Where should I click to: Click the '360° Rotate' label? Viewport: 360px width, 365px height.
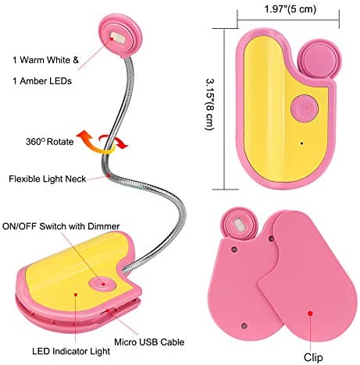(x=50, y=142)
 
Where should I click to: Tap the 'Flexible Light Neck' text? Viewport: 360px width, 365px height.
(x=47, y=179)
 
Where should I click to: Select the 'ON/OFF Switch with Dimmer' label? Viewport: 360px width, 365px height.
(x=61, y=226)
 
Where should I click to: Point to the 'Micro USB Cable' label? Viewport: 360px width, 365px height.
(x=149, y=342)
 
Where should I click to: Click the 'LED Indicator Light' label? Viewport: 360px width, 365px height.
(x=71, y=351)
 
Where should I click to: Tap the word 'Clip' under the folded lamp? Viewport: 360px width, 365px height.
(x=313, y=357)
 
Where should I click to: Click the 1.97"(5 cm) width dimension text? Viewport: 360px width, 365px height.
(x=290, y=9)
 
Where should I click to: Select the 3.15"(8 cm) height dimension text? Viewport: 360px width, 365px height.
(x=210, y=105)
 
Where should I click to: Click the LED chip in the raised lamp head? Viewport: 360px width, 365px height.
(x=118, y=37)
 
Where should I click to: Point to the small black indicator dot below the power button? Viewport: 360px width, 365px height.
(x=301, y=143)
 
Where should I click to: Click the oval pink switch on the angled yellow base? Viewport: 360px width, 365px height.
(x=102, y=284)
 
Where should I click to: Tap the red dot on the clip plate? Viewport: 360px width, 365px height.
(x=310, y=314)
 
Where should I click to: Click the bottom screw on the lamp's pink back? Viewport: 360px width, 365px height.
(x=244, y=326)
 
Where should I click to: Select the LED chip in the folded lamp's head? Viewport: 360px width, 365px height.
(x=239, y=225)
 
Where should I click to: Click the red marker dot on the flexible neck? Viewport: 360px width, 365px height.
(x=108, y=176)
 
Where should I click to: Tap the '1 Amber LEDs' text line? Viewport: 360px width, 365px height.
(x=42, y=81)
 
